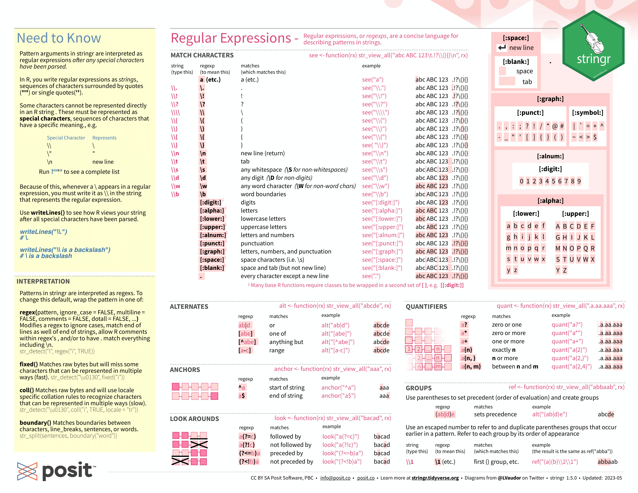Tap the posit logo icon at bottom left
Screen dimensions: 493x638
pyautogui.click(x=27, y=471)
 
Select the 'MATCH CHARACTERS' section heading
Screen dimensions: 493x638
pyautogui.click(x=202, y=55)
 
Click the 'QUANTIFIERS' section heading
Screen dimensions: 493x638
pyautogui.click(x=426, y=306)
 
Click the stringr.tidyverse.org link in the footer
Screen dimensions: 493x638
pyautogui.click(x=435, y=478)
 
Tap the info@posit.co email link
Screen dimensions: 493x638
pyautogui.click(x=335, y=478)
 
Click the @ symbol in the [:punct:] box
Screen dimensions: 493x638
pyautogui.click(x=555, y=126)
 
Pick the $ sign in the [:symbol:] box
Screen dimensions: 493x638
pyautogui.click(x=595, y=137)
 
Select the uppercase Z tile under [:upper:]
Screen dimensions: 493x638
pyautogui.click(x=565, y=270)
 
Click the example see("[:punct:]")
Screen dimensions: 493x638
pyautogui.click(x=382, y=243)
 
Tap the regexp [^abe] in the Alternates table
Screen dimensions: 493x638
pyautogui.click(x=247, y=342)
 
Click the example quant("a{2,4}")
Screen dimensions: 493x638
pyautogui.click(x=571, y=367)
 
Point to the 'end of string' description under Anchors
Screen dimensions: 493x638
pyautogui.click(x=286, y=396)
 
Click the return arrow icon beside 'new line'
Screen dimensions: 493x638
pyautogui.click(x=502, y=48)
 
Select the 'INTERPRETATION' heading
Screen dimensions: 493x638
pyautogui.click(x=43, y=281)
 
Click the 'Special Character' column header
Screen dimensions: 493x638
pyautogui.click(x=66, y=138)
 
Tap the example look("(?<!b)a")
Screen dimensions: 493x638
pyautogui.click(x=342, y=461)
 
